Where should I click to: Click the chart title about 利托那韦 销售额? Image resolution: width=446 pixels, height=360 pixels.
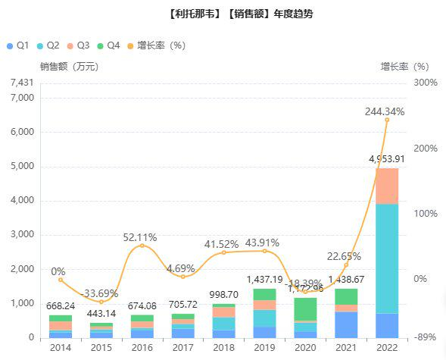click(223, 14)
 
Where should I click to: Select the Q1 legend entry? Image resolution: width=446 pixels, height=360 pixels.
click(17, 45)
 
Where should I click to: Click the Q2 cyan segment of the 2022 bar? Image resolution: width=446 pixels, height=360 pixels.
click(387, 258)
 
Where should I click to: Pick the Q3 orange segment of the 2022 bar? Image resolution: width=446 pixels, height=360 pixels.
click(387, 186)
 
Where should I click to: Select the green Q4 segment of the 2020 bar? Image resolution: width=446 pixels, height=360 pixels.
click(305, 308)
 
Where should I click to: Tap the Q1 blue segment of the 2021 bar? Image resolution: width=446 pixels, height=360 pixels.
click(346, 324)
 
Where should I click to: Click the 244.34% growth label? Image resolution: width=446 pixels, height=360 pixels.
click(385, 111)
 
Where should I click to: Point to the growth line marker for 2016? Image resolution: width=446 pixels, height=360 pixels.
click(142, 246)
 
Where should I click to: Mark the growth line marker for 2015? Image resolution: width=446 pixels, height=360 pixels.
click(101, 302)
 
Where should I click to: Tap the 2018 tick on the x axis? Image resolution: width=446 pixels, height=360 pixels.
click(223, 347)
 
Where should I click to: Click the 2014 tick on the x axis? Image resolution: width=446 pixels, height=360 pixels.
click(60, 347)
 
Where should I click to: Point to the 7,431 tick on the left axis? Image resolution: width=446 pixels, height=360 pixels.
click(23, 83)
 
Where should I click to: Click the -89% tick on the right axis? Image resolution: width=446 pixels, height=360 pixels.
click(425, 338)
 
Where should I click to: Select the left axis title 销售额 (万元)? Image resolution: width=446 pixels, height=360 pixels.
click(69, 67)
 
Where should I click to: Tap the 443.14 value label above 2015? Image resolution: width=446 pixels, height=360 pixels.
click(101, 313)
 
